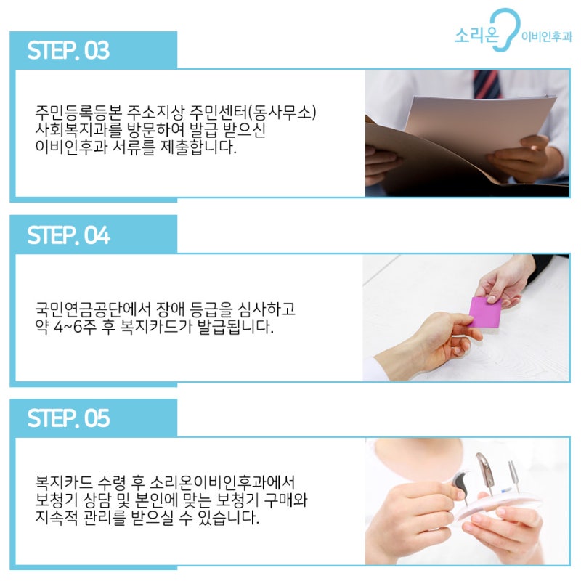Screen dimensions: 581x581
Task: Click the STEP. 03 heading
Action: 68,50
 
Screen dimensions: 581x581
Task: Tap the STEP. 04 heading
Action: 68,235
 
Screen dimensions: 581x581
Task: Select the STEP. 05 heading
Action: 68,418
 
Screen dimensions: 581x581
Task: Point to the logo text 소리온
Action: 476,36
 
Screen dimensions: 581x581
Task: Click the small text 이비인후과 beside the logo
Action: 547,37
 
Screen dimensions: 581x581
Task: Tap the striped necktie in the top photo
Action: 487,84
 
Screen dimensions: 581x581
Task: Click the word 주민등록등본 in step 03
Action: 78,113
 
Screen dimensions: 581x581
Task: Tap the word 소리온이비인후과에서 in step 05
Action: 222,483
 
